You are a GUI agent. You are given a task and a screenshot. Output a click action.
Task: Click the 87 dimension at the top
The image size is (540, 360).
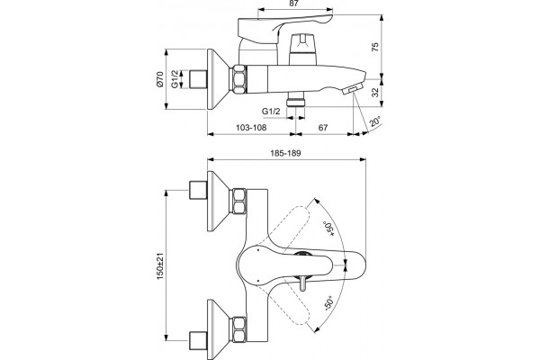(x=293, y=4)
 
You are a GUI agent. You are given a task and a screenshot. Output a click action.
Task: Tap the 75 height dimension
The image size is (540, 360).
(x=375, y=47)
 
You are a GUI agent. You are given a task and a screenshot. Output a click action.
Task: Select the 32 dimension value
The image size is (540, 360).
(x=375, y=92)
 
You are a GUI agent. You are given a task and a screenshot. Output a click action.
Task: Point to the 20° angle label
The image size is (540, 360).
(x=375, y=121)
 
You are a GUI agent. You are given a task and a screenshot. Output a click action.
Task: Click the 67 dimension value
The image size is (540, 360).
(x=323, y=128)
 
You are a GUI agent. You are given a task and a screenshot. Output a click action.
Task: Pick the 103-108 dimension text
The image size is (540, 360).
(x=251, y=128)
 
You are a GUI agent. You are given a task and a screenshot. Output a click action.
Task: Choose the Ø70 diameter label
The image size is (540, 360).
(x=160, y=79)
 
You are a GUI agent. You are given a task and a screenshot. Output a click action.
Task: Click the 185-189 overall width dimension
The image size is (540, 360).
(x=284, y=153)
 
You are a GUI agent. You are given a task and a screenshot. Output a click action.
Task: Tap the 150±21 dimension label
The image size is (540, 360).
(x=160, y=266)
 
